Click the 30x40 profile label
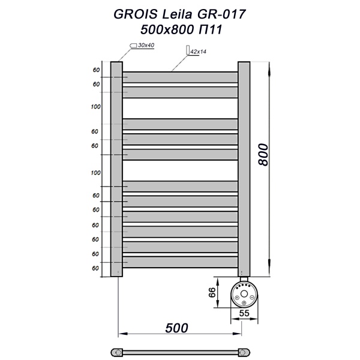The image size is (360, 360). point(146,46)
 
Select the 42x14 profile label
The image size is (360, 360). point(199,52)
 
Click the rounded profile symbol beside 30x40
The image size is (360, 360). point(133,46)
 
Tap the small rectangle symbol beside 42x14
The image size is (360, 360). point(187,52)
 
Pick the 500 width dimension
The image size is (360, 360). point(176,328)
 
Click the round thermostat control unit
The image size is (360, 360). point(244,294)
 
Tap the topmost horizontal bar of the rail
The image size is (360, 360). point(181,77)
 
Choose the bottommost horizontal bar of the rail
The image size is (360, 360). point(181,262)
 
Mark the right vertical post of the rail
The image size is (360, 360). point(244,168)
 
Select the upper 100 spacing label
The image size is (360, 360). point(95,107)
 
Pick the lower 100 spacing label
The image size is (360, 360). point(95,173)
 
